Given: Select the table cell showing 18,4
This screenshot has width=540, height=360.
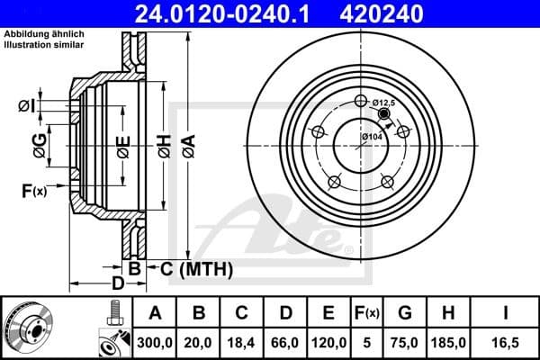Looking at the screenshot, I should [242, 342].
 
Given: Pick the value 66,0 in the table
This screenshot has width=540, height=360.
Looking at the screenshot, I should [284, 342].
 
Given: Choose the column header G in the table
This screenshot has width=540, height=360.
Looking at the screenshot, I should [406, 313].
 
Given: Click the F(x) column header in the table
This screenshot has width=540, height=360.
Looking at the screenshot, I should [367, 313].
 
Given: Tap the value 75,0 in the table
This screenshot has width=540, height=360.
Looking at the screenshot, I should [406, 342].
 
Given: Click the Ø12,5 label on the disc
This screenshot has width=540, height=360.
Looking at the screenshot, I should [384, 103].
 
